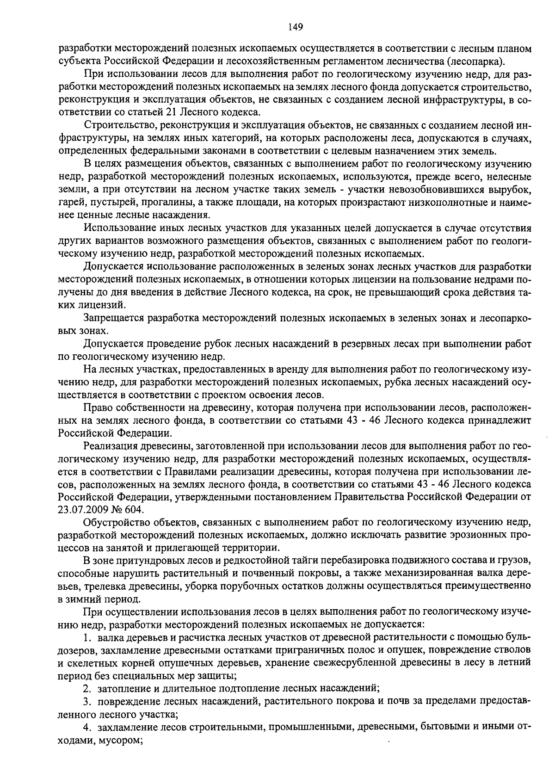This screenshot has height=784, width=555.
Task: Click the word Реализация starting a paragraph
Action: (x=108, y=445)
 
